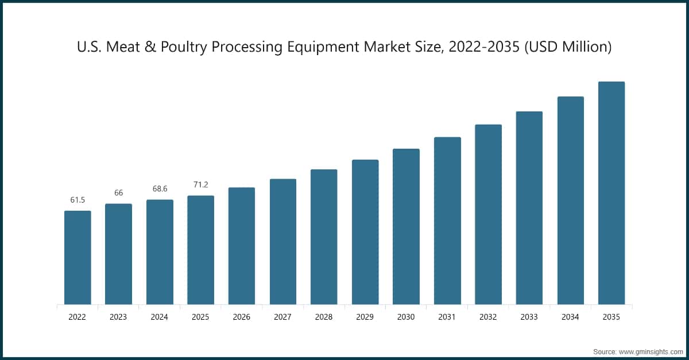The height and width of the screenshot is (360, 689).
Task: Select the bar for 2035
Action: click(x=611, y=193)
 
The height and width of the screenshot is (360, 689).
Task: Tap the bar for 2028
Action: click(x=324, y=237)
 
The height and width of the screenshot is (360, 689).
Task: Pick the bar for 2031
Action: click(x=447, y=220)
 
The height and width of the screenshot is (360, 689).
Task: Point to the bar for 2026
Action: click(x=242, y=246)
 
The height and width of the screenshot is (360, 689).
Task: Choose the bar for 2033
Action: click(x=529, y=208)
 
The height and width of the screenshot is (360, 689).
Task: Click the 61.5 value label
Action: click(x=78, y=200)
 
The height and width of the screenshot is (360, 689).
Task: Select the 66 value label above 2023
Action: click(x=118, y=193)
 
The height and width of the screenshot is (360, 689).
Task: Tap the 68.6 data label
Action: click(x=160, y=189)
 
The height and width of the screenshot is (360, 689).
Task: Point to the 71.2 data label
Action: click(x=200, y=185)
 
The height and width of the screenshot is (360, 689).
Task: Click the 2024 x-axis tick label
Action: click(x=160, y=317)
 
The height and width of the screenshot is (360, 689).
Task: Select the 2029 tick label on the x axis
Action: click(x=365, y=317)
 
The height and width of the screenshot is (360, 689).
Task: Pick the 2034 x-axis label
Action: click(x=570, y=317)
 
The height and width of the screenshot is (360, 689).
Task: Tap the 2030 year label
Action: click(x=406, y=317)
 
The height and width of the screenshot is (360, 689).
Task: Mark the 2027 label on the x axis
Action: click(x=283, y=317)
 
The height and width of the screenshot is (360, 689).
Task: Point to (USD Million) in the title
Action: click(x=568, y=48)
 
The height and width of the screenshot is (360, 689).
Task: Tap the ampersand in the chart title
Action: click(x=149, y=48)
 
